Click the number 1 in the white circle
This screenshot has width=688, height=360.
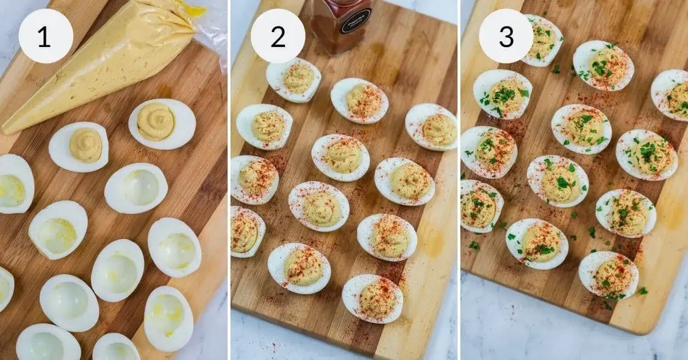point(45,36)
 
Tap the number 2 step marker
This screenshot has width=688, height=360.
point(277,36)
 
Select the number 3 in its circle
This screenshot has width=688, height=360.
point(506,36)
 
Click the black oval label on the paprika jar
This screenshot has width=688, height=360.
point(355,21)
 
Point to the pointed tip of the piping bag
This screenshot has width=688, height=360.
point(7,128)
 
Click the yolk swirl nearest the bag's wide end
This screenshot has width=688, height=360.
point(156,122)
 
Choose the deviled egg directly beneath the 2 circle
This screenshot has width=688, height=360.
point(294,79)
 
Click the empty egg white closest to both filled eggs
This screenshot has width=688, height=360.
point(136,188)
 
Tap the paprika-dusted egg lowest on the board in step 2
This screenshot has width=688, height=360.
point(372,299)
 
